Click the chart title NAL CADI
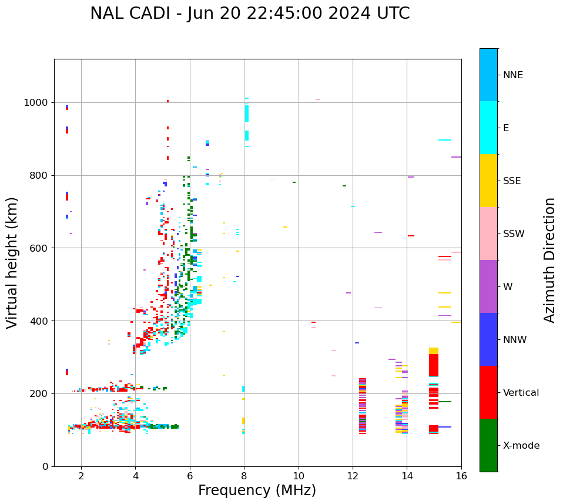[250, 14]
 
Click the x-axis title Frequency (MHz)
[257, 490]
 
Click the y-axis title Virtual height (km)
[12, 262]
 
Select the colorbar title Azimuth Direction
[549, 260]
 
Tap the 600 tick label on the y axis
[39, 248]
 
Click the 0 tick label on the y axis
[45, 466]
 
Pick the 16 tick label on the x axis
[461, 476]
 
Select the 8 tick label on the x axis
[244, 476]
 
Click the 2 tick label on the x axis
[81, 476]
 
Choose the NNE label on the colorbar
[512, 75]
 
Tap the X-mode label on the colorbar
[521, 446]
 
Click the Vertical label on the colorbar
[521, 393]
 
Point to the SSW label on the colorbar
[514, 234]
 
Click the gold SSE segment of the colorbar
[488, 181]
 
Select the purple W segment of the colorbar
[488, 286]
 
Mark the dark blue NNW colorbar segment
[488, 339]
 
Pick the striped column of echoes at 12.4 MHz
[363, 406]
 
